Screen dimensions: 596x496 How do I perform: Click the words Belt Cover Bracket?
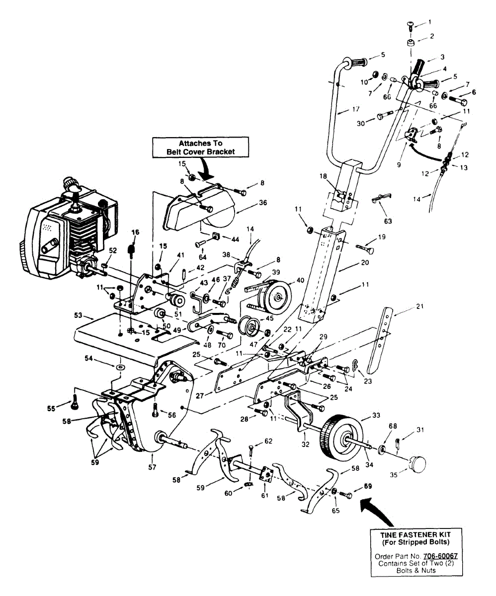(x=193, y=151)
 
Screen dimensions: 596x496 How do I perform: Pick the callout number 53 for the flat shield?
(x=78, y=315)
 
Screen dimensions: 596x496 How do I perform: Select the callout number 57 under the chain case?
(x=153, y=467)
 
